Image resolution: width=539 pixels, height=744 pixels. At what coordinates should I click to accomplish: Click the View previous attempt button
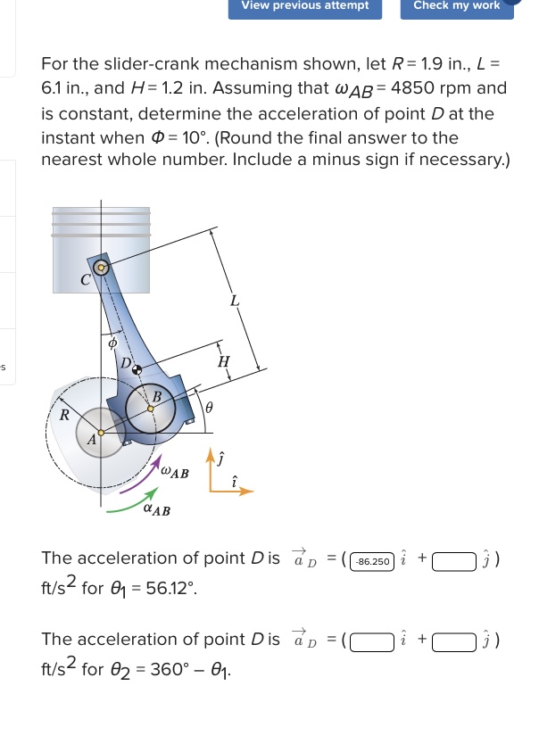pyautogui.click(x=305, y=6)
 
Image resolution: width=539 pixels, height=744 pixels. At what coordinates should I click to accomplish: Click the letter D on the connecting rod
pyautogui.click(x=127, y=365)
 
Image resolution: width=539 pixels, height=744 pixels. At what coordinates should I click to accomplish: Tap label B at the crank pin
pyautogui.click(x=157, y=395)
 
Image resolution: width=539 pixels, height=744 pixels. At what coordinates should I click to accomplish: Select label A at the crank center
pyautogui.click(x=91, y=440)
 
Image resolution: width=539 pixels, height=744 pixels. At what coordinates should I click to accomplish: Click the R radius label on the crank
pyautogui.click(x=63, y=414)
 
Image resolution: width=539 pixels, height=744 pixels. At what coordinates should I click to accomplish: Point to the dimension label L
pyautogui.click(x=234, y=301)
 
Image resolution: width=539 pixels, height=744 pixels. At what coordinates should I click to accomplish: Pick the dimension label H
pyautogui.click(x=224, y=361)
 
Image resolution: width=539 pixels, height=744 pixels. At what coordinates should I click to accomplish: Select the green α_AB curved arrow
pyautogui.click(x=129, y=505)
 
